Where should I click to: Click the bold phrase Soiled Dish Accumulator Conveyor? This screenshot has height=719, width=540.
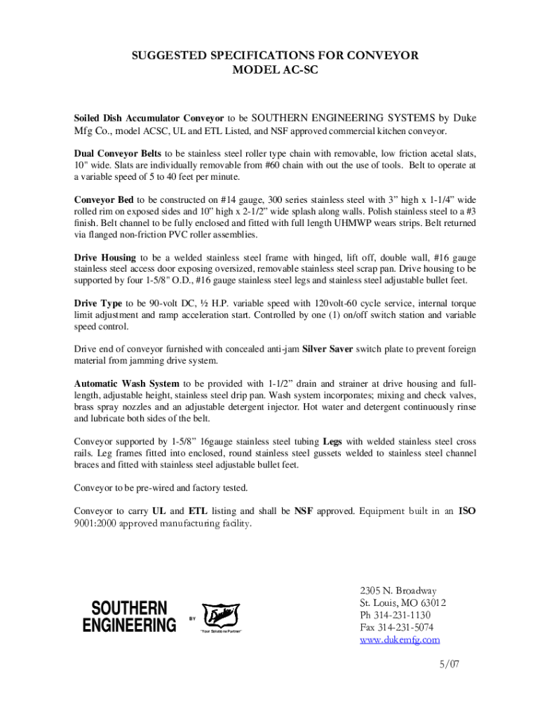tap(149, 118)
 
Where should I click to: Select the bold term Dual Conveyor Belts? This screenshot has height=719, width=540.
tap(118, 153)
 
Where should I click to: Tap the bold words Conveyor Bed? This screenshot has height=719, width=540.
tap(104, 199)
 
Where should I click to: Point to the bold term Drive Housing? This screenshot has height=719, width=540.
tap(105, 257)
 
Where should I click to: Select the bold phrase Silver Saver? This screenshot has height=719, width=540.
tap(327, 349)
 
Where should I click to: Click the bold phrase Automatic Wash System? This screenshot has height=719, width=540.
tap(127, 383)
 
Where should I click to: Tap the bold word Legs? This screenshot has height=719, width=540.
tap(332, 442)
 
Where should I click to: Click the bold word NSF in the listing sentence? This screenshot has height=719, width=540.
tap(304, 511)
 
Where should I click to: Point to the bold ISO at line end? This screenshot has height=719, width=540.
tap(467, 511)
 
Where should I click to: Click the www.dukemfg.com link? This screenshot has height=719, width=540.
tap(400, 640)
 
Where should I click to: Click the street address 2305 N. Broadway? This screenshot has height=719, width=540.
tap(398, 591)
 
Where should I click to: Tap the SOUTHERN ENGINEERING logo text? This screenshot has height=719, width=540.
tap(129, 616)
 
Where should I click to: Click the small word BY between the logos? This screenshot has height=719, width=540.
tap(192, 618)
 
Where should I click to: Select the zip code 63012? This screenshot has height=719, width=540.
tap(433, 603)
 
